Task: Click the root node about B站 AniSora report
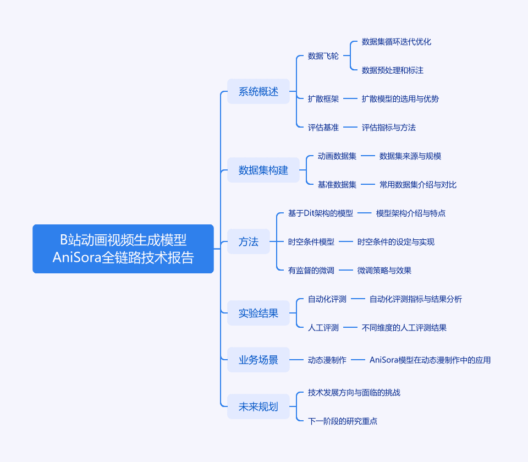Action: [x=123, y=249]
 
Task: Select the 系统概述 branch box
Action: [x=258, y=91]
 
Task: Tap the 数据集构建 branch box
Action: [x=263, y=170]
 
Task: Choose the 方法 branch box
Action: [x=249, y=241]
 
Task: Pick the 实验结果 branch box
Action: [x=258, y=313]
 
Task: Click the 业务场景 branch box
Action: [x=258, y=360]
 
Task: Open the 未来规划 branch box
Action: [x=258, y=406]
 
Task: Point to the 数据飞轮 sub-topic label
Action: [x=323, y=56]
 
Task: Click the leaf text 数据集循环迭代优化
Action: [x=397, y=42]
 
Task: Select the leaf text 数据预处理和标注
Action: [x=393, y=70]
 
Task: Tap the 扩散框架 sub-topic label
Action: [x=323, y=98]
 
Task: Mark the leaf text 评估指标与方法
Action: [x=389, y=127]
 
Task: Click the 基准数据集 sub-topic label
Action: [x=337, y=185]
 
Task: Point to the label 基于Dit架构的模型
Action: [x=321, y=213]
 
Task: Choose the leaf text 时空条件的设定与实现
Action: [x=396, y=242]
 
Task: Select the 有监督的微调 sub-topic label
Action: [x=311, y=271]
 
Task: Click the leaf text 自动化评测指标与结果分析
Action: [x=416, y=299]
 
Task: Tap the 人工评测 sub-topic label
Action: [x=323, y=328]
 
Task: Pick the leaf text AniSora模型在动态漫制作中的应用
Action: [x=430, y=360]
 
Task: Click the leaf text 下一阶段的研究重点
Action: [x=343, y=421]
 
